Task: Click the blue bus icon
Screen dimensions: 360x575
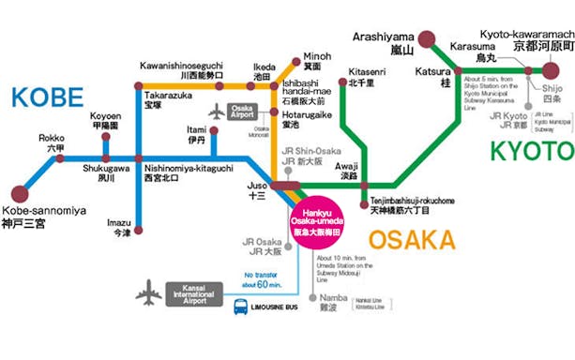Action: click(x=242, y=305)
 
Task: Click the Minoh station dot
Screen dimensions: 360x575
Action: click(x=299, y=57)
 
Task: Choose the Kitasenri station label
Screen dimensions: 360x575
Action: click(x=362, y=76)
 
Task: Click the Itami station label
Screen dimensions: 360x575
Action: click(x=197, y=134)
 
